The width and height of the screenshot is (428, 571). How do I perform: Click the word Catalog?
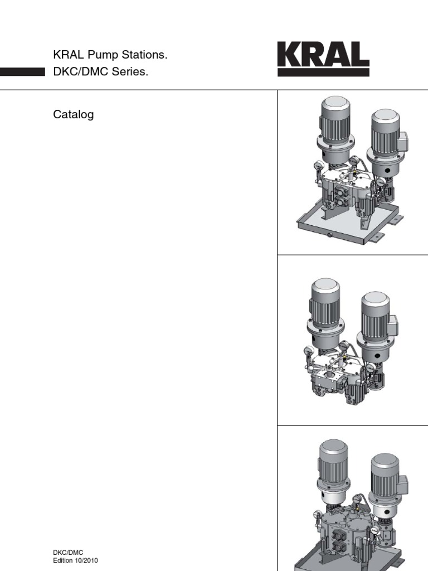(x=73, y=115)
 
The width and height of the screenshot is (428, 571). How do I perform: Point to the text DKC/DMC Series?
(x=100, y=72)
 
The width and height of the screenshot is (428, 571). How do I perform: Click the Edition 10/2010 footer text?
(x=77, y=560)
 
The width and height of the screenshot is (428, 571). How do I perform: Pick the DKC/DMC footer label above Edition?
(x=68, y=553)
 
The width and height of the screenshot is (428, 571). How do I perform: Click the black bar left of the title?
(x=22, y=72)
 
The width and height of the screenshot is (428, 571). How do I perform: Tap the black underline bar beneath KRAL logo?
(x=323, y=72)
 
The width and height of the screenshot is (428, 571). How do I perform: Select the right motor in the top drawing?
(x=385, y=134)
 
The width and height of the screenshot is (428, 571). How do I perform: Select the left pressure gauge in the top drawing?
(x=318, y=167)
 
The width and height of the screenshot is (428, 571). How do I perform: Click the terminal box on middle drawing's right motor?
(x=393, y=322)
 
